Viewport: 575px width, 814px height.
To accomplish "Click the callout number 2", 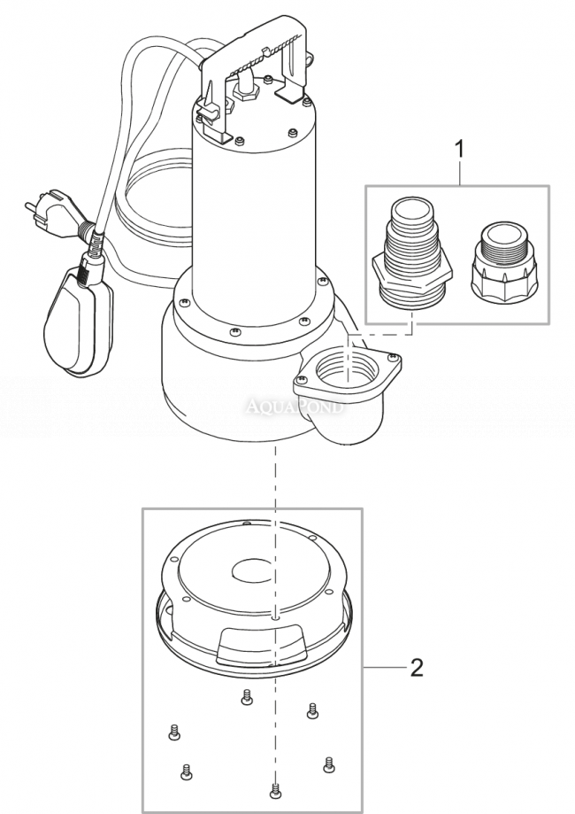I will (416, 666).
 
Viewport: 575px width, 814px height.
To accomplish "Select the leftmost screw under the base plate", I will (173, 732).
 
